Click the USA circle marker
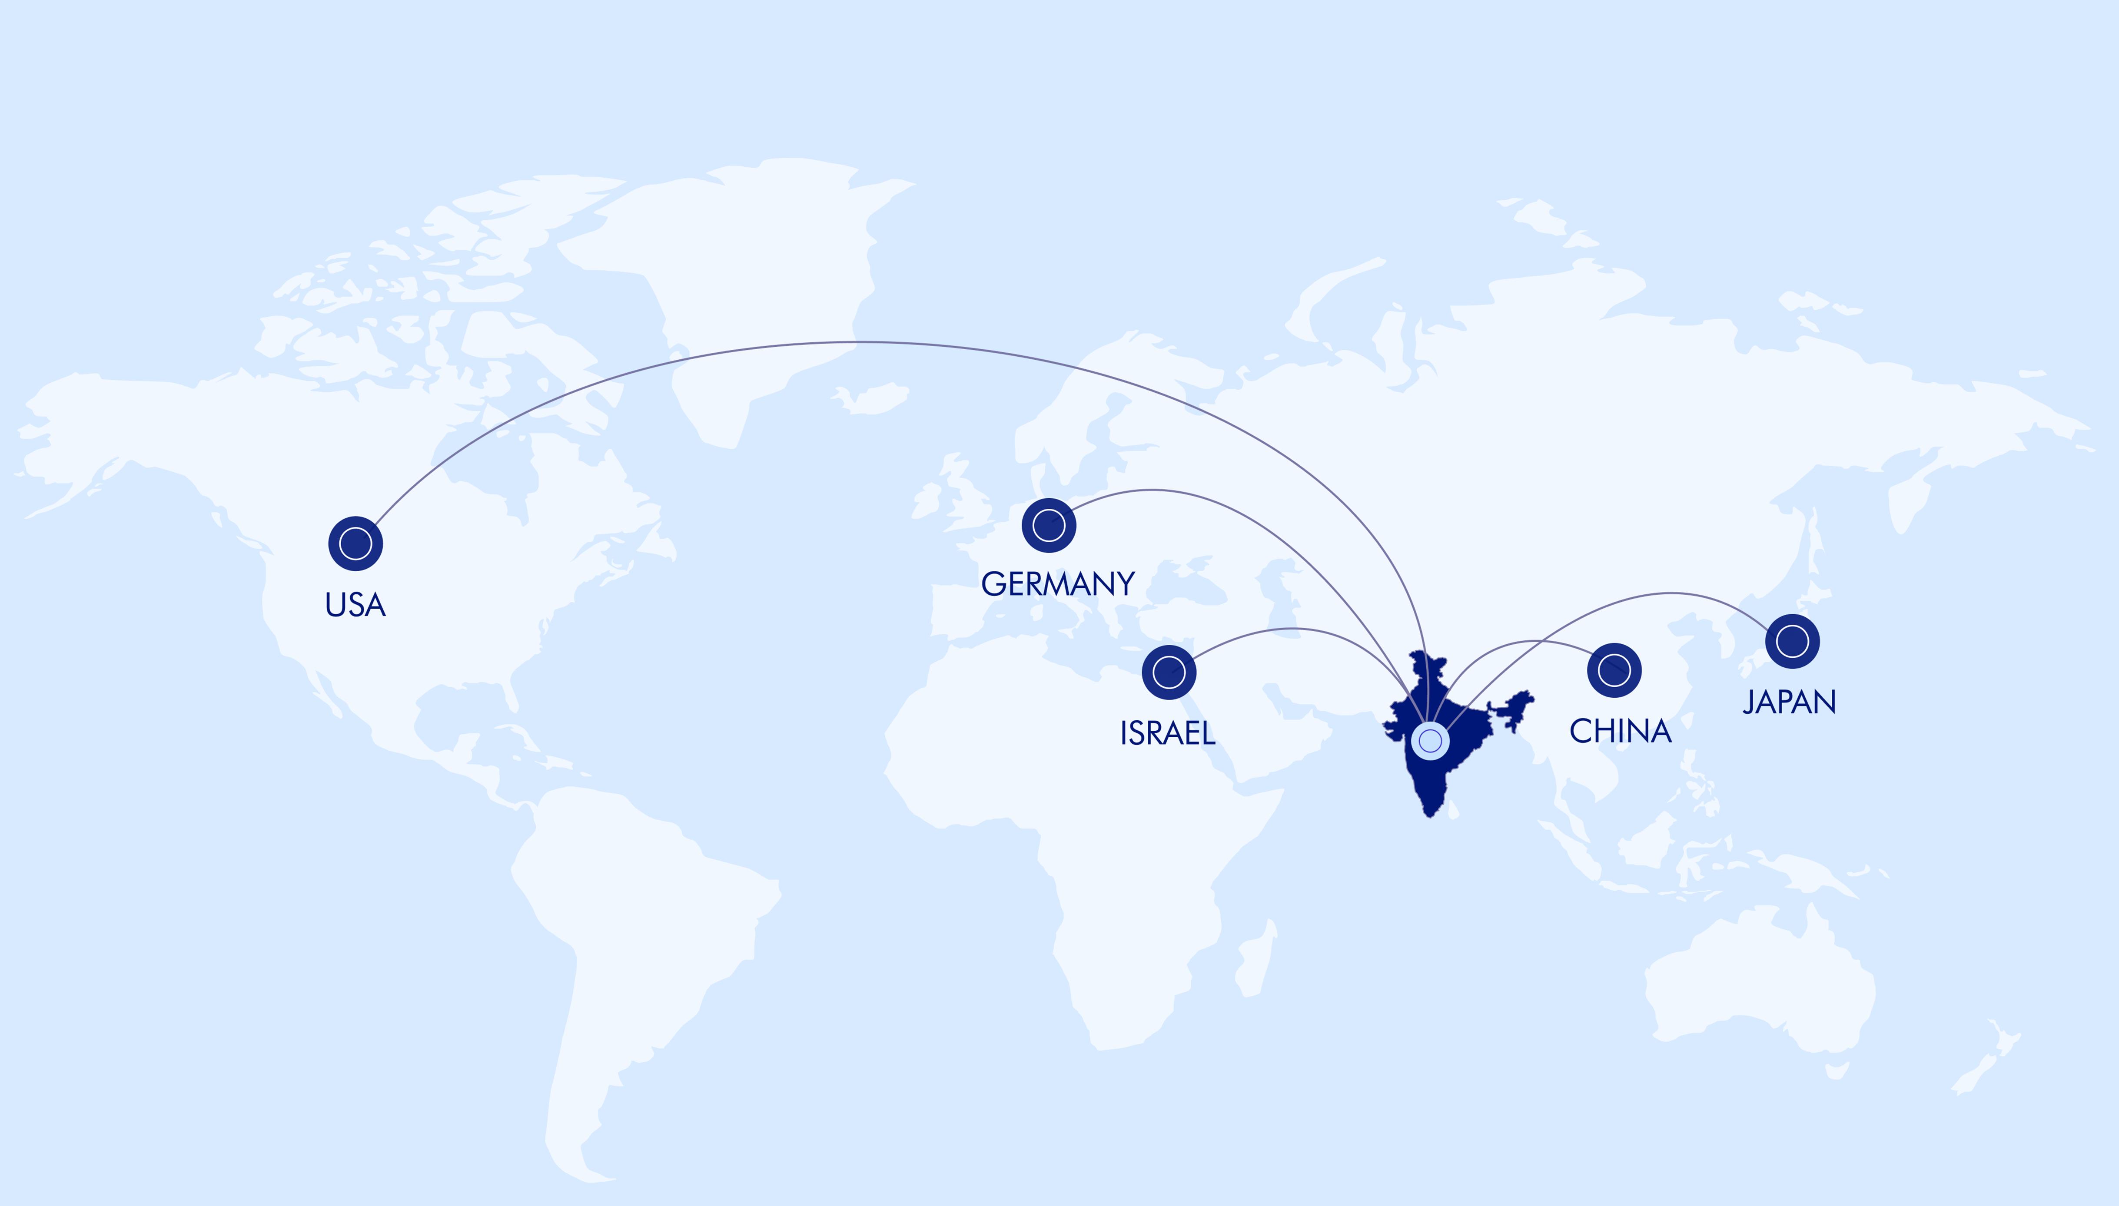[355, 543]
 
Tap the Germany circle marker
[1049, 525]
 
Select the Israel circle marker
[1169, 672]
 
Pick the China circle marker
[1614, 669]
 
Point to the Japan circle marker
[1793, 641]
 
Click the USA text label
[355, 606]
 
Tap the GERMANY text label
[1058, 584]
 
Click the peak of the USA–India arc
[861, 341]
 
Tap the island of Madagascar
[1255, 961]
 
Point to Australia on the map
[1756, 977]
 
